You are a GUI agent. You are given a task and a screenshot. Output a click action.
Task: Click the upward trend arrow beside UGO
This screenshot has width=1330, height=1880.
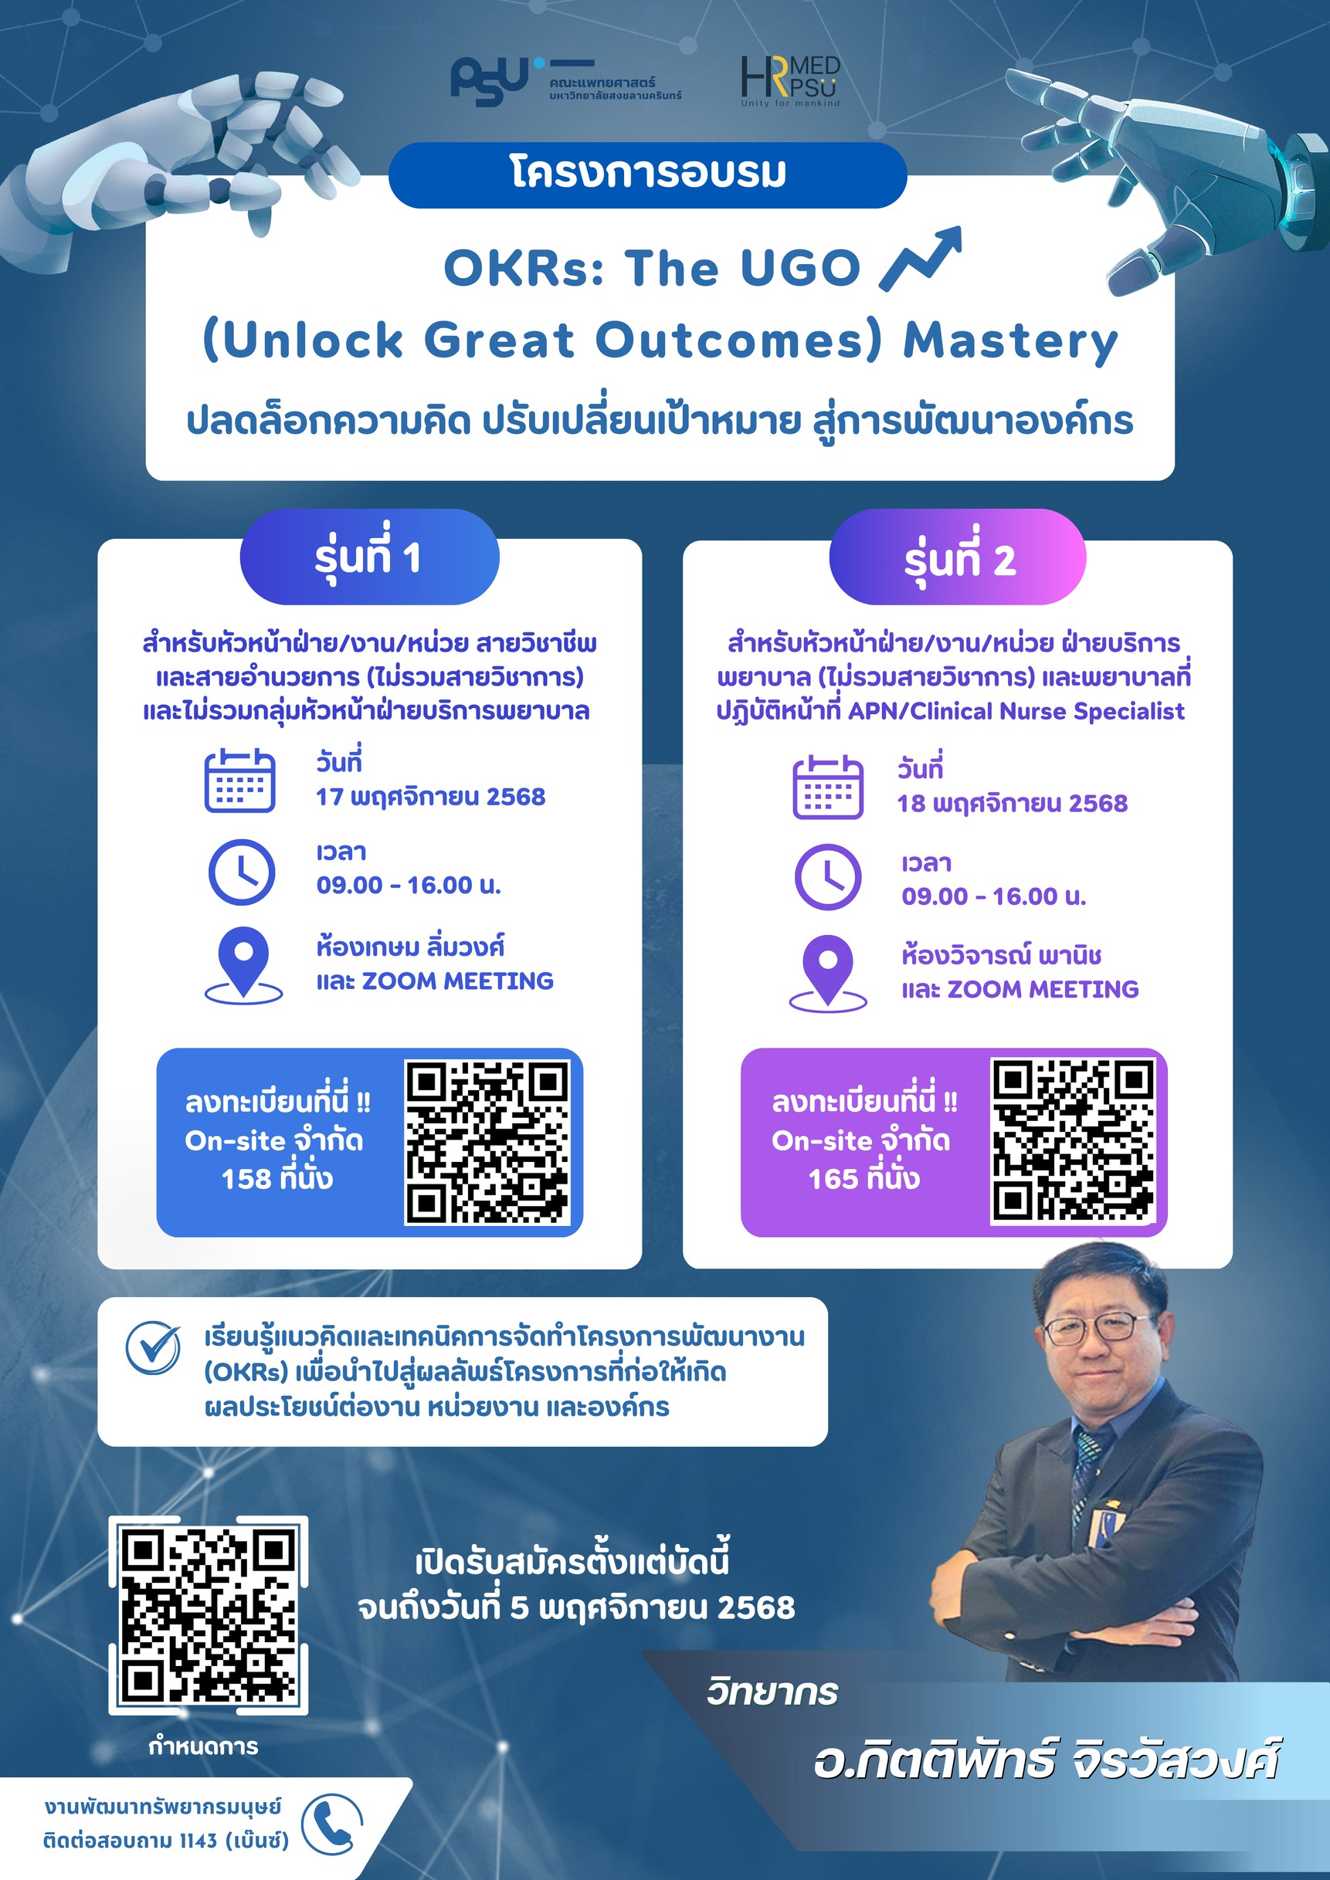point(920,259)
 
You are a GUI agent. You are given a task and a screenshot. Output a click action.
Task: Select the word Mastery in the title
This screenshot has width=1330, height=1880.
point(1009,340)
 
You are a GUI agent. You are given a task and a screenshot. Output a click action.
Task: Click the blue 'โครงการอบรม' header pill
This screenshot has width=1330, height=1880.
point(648,174)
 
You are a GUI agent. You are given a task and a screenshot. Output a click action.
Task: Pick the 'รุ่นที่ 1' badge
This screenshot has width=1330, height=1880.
point(369,557)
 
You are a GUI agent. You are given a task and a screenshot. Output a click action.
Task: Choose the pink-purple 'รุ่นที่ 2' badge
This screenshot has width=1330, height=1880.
point(958,557)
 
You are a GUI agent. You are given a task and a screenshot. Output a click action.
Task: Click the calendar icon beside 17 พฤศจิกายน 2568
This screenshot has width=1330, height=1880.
point(239,781)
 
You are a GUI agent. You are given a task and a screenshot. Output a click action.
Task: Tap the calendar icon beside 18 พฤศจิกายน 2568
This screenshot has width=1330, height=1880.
point(828,787)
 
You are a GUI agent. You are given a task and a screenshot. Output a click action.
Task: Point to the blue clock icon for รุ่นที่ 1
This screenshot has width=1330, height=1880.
point(242,872)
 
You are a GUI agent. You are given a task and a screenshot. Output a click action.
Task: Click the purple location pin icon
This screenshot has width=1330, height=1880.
point(828,972)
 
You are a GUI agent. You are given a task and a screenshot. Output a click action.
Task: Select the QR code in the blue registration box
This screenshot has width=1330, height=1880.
point(487,1142)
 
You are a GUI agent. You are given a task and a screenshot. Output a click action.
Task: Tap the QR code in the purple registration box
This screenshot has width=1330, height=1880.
point(1074,1140)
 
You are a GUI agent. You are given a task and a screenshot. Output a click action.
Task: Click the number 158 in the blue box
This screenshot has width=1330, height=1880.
point(246,1179)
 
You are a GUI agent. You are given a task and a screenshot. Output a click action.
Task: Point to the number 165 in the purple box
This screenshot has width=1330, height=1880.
point(833,1179)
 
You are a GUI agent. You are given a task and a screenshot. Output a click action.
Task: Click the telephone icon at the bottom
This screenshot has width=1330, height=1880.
point(331,1825)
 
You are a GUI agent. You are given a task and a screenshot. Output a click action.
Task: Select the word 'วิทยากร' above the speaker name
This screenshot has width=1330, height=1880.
point(772,1692)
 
